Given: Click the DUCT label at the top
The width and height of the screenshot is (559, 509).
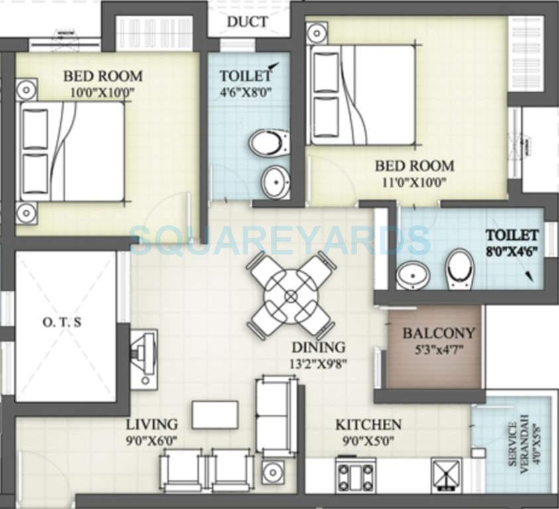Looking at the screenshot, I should (247, 22).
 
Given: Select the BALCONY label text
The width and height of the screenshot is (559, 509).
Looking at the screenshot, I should (439, 333).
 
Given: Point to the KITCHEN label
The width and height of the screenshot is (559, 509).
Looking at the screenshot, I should (368, 424).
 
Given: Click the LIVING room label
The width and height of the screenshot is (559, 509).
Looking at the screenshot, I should (153, 424).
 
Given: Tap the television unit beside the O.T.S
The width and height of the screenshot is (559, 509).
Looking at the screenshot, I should (143, 357).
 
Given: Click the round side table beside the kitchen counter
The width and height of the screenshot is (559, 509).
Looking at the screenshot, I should (273, 471).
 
